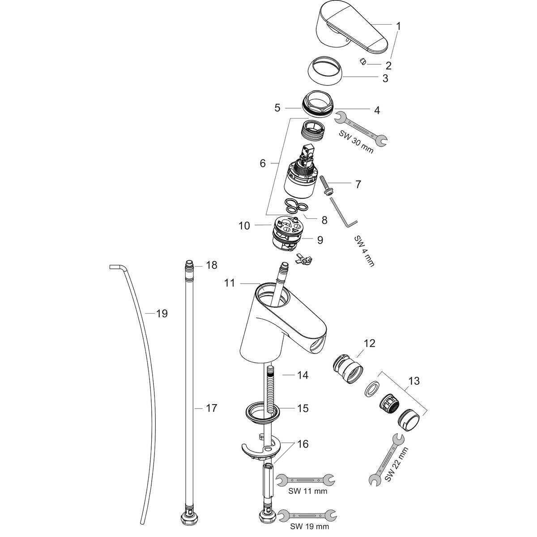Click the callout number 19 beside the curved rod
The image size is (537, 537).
click(162, 314)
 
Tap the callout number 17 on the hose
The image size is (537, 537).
click(211, 408)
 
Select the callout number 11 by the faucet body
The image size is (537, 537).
click(230, 283)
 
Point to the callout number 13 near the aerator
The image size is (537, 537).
click(413, 381)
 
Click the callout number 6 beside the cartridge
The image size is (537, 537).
click(263, 164)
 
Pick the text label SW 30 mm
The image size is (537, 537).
click(356, 142)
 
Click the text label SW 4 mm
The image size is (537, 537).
click(364, 251)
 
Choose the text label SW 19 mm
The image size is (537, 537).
click(309, 526)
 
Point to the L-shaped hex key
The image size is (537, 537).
click(343, 212)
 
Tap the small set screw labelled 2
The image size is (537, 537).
click(363, 62)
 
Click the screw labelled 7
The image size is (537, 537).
click(326, 184)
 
